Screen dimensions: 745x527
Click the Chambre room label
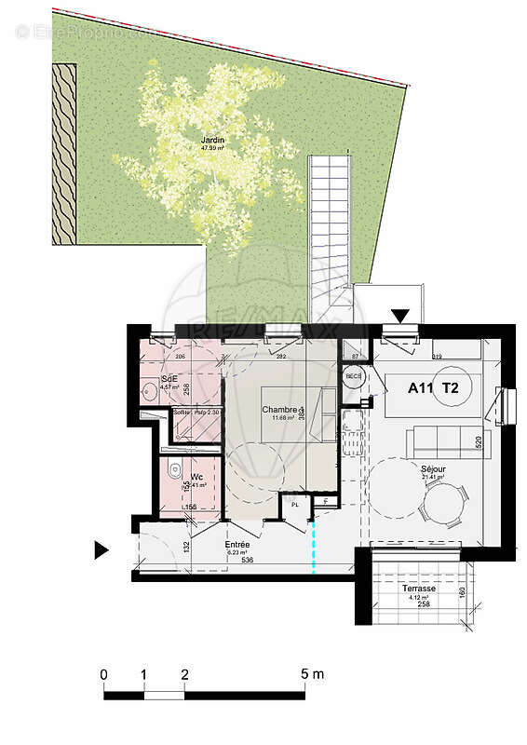click(x=280, y=410)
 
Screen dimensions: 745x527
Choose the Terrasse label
click(x=418, y=589)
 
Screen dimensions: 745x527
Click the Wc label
click(x=197, y=476)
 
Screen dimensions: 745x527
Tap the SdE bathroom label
click(x=169, y=379)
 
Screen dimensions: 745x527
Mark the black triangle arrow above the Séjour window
click(x=400, y=316)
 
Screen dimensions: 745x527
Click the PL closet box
click(x=295, y=504)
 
